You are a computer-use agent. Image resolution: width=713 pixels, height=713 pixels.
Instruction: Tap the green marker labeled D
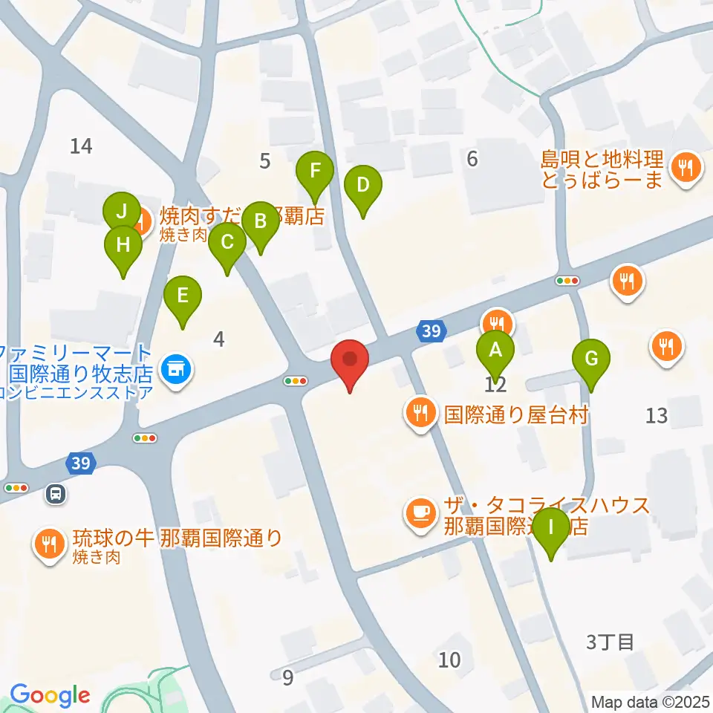pos(362,186)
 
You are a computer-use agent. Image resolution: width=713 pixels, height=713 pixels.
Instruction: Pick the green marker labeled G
pos(591,359)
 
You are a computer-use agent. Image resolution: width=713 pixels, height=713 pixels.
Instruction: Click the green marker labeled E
pos(182,296)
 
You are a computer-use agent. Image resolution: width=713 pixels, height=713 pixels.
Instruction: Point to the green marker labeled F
pos(316,172)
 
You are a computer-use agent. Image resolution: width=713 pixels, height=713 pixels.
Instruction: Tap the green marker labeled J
pos(121,209)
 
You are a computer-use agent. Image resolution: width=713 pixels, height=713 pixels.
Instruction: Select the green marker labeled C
pos(227,243)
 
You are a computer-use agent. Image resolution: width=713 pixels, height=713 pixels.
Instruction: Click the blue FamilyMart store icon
pos(177,367)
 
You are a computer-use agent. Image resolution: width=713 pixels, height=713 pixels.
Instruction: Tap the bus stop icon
pos(55,492)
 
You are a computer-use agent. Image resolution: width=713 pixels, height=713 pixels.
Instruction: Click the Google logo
pos(50,696)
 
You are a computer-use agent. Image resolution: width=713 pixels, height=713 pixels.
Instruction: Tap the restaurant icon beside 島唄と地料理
pos(683,169)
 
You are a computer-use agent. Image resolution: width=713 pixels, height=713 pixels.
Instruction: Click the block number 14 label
pos(81,146)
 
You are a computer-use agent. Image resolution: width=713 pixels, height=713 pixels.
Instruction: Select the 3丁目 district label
pos(610,642)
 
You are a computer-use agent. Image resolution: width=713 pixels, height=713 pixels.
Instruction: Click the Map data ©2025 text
pos(651,702)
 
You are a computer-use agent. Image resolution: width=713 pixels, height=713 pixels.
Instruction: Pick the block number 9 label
pos(288,677)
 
